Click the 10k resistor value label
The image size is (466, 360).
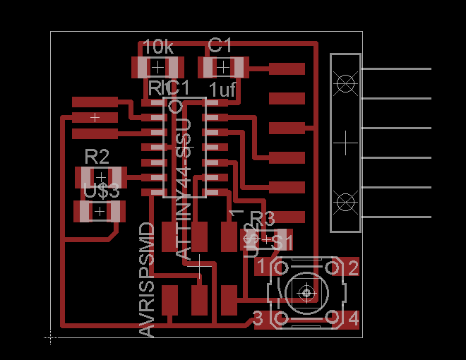point(158,47)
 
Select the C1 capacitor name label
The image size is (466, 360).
point(220,46)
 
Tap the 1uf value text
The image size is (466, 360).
point(222,90)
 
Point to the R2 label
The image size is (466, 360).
point(97,155)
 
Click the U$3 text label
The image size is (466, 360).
point(101,191)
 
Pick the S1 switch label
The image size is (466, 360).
point(282,242)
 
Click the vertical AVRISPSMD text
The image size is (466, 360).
point(147,280)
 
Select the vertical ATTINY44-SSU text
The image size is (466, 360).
point(182,188)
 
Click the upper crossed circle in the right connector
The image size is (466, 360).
point(345,83)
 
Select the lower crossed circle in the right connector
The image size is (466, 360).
point(345,202)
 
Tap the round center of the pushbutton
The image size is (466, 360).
point(306,292)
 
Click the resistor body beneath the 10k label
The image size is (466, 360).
point(157,68)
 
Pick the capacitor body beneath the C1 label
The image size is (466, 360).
point(222,68)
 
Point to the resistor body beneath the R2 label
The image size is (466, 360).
point(100,176)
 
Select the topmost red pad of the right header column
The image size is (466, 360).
point(287,69)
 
